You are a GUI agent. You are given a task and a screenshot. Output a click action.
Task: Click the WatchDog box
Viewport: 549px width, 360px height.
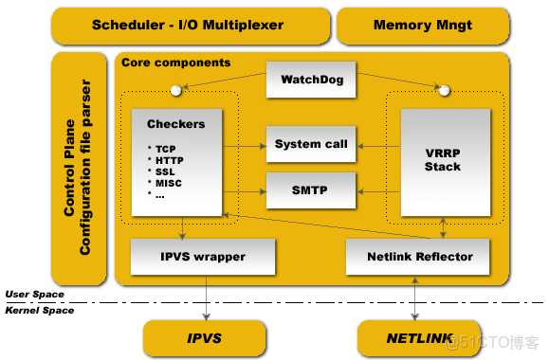click(x=311, y=80)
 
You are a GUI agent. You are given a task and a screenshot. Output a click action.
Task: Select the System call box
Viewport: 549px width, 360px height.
click(x=311, y=145)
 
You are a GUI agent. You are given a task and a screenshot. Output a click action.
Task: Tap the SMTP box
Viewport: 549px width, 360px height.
click(x=311, y=189)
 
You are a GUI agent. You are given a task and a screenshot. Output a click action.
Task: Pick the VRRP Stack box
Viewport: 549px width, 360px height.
click(x=443, y=159)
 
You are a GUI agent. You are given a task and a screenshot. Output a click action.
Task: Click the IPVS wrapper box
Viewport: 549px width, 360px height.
click(x=202, y=256)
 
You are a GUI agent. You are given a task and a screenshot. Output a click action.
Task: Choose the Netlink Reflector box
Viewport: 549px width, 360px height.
click(x=418, y=256)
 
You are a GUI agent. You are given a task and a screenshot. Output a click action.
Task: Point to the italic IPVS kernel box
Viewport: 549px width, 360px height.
click(x=204, y=337)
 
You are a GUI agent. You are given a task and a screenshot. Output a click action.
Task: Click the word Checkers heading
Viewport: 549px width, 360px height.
click(x=175, y=124)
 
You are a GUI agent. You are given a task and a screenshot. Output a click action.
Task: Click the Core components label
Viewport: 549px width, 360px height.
click(x=175, y=63)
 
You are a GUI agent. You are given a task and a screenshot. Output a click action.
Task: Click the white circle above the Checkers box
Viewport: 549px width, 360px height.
click(x=176, y=92)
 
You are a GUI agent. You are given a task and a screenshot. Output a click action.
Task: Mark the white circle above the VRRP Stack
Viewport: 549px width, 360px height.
click(x=444, y=92)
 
